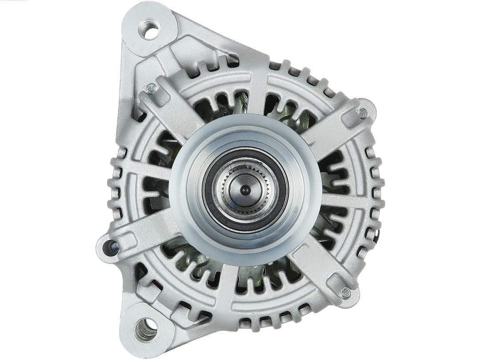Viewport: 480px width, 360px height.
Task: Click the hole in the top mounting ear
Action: (151, 30)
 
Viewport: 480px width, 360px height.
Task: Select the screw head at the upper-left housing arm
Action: (152, 89)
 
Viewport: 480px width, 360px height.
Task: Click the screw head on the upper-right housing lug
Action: (362, 113)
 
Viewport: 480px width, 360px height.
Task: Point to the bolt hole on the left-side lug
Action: (109, 247)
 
